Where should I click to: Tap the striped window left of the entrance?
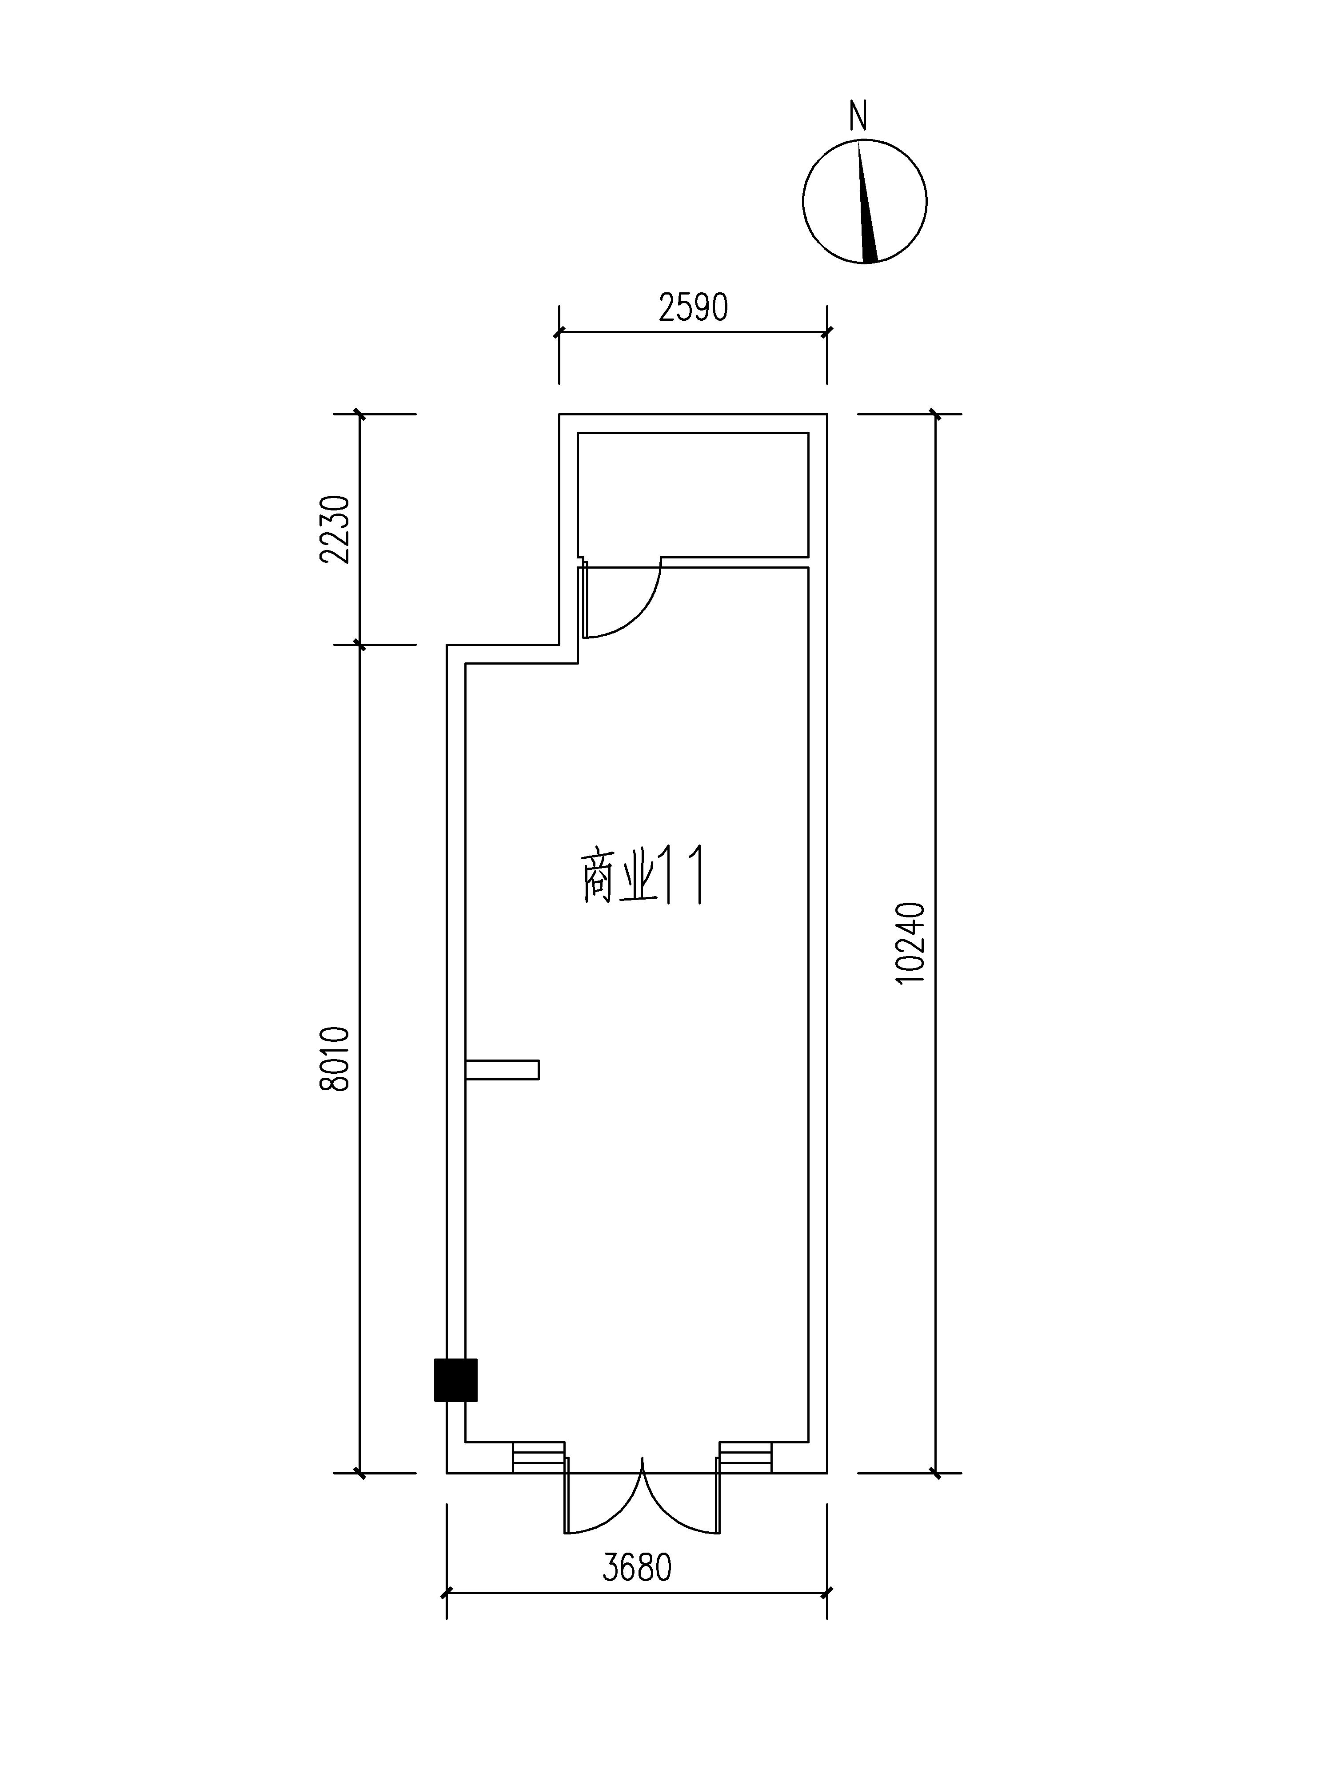click(539, 1457)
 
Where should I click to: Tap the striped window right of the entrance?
click(745, 1457)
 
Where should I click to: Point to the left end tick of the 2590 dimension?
click(559, 331)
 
